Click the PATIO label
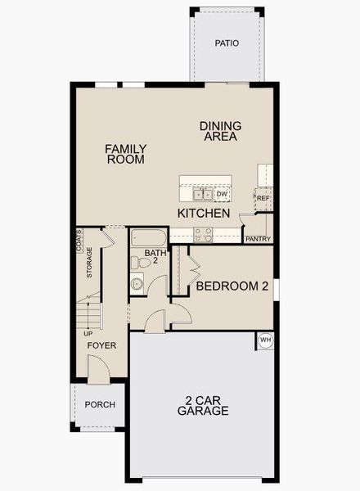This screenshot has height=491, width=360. coord(227,43)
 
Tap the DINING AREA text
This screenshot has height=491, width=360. coord(220,131)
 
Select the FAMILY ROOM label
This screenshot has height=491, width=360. coord(126,154)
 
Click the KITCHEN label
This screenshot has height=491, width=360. coord(204,213)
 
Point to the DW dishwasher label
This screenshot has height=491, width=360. coord(222,194)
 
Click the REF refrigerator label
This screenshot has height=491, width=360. coord(263,199)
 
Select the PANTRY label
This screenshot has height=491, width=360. coord(257,239)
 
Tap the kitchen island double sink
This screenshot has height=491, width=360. coord(203,194)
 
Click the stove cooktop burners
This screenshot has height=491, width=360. coord(203,234)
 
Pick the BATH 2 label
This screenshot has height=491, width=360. coord(155,258)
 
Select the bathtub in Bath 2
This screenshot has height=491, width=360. coord(149,239)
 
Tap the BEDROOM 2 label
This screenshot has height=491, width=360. coord(232,286)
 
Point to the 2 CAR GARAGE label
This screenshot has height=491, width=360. coord(203,406)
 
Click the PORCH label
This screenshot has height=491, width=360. coord(100,405)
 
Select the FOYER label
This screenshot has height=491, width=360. coord(102,345)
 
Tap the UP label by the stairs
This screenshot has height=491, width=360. coord(87,333)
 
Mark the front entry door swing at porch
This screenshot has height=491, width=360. coord(99,374)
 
